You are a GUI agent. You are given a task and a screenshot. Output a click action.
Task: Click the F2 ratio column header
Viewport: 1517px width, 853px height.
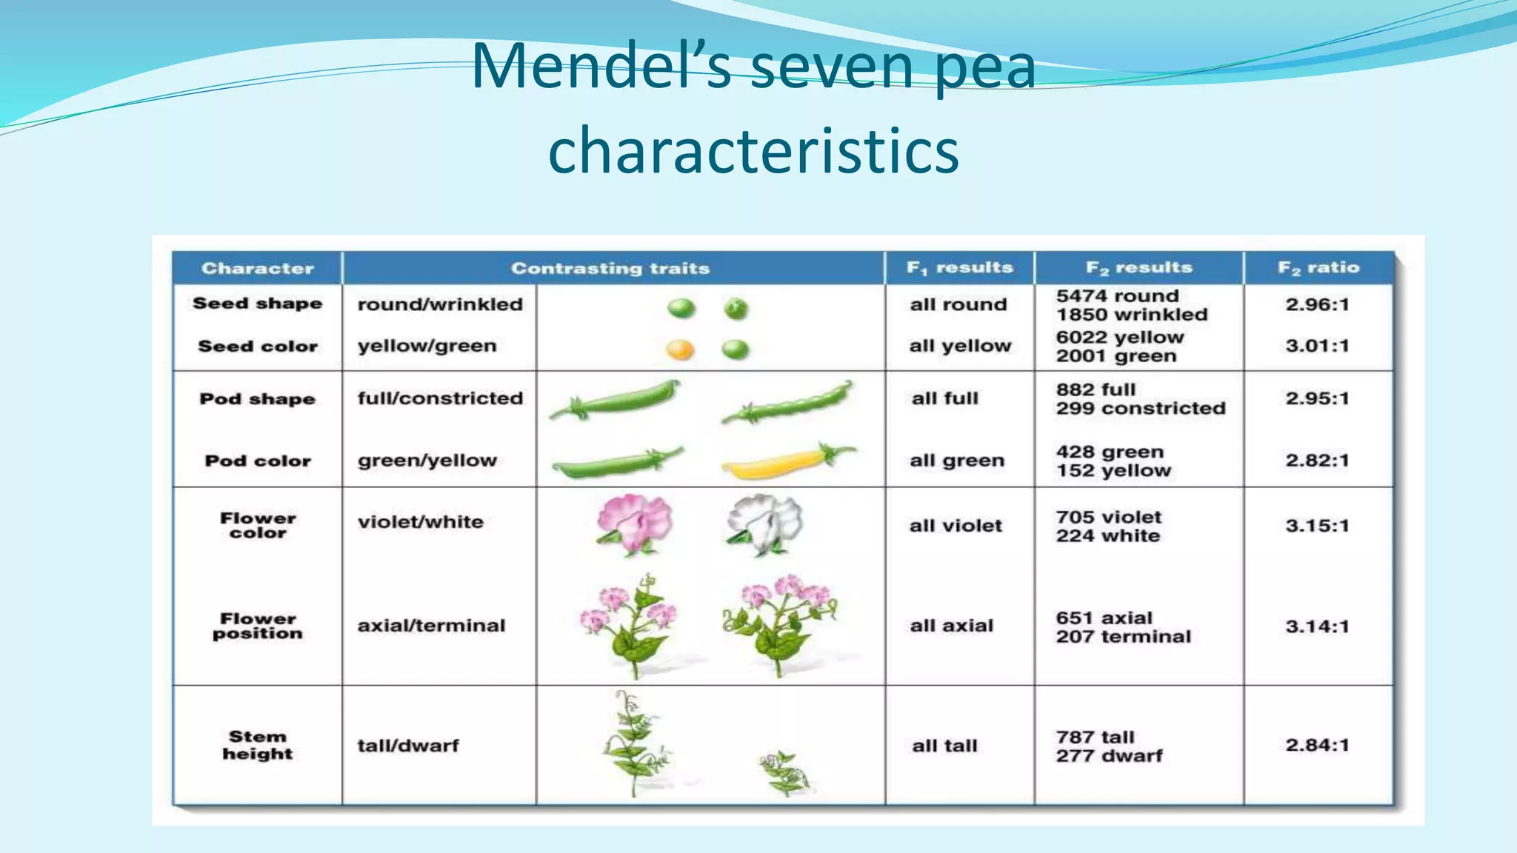tap(1318, 268)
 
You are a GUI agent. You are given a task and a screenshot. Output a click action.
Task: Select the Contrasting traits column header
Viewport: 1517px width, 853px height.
tap(610, 268)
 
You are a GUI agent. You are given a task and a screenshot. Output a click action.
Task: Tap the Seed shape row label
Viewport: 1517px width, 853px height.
tap(257, 304)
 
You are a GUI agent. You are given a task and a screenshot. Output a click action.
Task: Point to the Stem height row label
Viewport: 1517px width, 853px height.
tap(257, 745)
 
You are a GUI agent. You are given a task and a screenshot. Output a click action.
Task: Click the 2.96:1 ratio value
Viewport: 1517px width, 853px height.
tap(1317, 304)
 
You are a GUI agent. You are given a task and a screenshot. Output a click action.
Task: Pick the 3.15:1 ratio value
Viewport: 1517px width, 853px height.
tap(1317, 526)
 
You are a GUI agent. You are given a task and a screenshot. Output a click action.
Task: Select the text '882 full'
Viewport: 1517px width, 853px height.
tap(1096, 389)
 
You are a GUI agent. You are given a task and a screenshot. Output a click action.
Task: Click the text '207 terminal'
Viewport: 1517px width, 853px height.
tap(1123, 637)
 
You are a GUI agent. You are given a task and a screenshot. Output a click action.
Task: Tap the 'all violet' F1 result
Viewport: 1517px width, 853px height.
tap(956, 526)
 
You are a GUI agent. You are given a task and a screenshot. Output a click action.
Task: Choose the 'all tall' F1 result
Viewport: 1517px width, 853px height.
tap(944, 746)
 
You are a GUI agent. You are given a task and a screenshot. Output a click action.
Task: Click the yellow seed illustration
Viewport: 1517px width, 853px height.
tap(680, 349)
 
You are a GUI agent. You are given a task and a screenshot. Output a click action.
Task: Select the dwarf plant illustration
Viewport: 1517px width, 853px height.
tap(784, 773)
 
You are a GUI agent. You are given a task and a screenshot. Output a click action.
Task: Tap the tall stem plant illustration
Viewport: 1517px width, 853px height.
tap(634, 743)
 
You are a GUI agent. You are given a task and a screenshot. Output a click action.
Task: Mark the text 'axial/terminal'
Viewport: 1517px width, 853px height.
tap(431, 626)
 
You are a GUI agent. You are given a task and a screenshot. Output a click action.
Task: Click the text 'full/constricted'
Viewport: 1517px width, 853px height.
tap(440, 398)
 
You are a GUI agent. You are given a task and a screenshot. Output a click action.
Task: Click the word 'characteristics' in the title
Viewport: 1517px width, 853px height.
tap(753, 150)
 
